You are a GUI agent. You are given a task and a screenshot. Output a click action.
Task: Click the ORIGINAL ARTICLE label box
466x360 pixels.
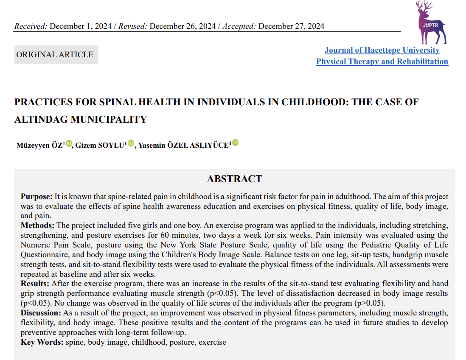(56, 55)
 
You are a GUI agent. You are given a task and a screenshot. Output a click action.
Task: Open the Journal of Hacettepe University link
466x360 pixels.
(382, 50)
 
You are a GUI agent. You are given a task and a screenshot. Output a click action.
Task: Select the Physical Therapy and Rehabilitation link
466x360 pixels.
(382, 62)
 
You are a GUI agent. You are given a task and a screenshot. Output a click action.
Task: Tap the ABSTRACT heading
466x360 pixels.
(234, 179)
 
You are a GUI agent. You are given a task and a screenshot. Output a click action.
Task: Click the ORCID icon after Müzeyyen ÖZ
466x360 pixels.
(69, 143)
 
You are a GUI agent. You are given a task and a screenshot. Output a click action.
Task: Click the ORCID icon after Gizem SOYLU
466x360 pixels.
(131, 143)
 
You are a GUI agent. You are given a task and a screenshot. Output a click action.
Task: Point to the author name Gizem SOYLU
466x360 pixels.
(100, 145)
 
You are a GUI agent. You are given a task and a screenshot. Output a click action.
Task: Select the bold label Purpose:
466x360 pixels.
(36, 197)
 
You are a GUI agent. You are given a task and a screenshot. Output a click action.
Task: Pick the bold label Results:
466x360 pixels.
(35, 284)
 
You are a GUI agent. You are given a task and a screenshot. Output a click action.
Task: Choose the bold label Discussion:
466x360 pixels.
(41, 313)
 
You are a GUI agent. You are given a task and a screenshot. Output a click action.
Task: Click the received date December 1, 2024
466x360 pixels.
(81, 26)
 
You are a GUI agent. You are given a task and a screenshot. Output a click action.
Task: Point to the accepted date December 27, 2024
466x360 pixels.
(291, 26)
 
